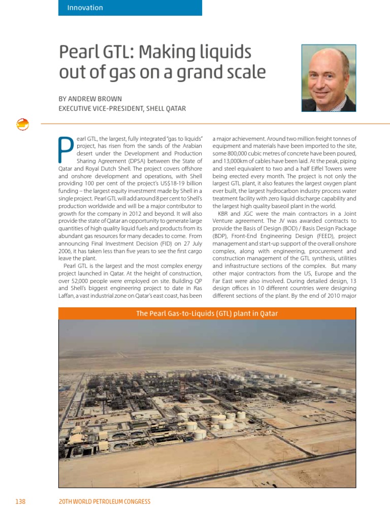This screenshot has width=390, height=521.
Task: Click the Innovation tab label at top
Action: pos(85,8)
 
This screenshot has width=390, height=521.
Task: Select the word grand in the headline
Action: pos(201,72)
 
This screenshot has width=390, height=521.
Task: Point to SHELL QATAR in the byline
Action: pos(166,108)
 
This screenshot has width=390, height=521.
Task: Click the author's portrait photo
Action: pos(329,78)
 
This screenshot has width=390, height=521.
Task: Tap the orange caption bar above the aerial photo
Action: pos(207,313)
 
